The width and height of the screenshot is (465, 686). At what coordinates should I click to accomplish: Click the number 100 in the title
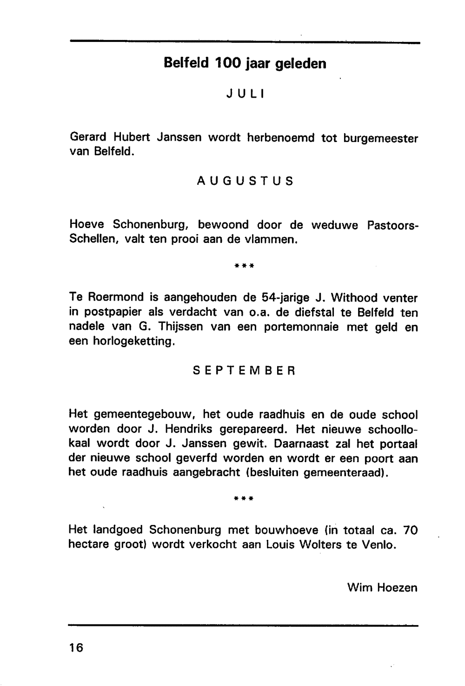tap(227, 63)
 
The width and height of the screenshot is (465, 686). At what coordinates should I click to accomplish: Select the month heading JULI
tap(245, 94)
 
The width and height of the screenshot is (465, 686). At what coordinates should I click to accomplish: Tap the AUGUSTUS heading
tap(245, 181)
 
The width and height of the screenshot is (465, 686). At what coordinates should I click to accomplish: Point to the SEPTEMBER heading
tap(244, 371)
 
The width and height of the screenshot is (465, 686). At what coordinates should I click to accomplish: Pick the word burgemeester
tap(380, 138)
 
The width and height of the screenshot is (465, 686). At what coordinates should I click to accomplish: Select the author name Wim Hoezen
tap(382, 588)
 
